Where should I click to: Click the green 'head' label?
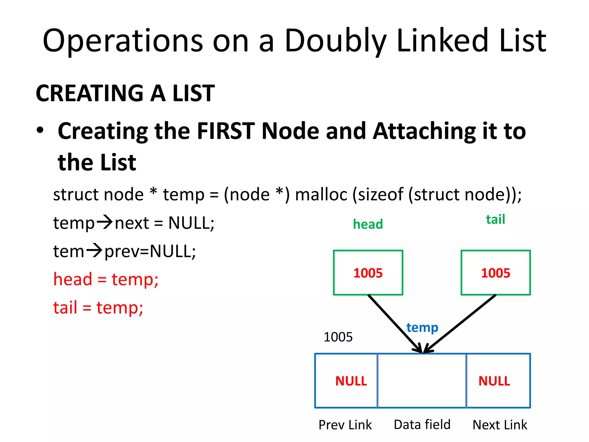[x=368, y=224]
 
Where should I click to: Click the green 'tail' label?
[x=495, y=219]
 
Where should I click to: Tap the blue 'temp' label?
[x=422, y=327]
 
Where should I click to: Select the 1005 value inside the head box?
[x=368, y=273]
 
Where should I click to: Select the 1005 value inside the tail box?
[x=495, y=273]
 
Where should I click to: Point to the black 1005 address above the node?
[x=338, y=337]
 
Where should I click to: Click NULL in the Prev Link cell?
[x=351, y=381]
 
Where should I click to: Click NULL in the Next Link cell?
[x=494, y=381]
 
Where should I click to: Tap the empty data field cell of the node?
[x=422, y=380]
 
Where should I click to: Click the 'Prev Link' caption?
[x=345, y=425]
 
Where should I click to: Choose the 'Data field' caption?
[x=422, y=424]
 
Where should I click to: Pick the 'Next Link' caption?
[x=500, y=425]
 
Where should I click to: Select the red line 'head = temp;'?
[x=106, y=279]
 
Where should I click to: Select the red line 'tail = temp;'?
[x=98, y=308]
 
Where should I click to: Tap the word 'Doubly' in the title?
[x=335, y=41]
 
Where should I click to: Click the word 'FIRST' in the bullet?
[x=226, y=131]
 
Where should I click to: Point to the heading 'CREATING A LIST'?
[x=125, y=93]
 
